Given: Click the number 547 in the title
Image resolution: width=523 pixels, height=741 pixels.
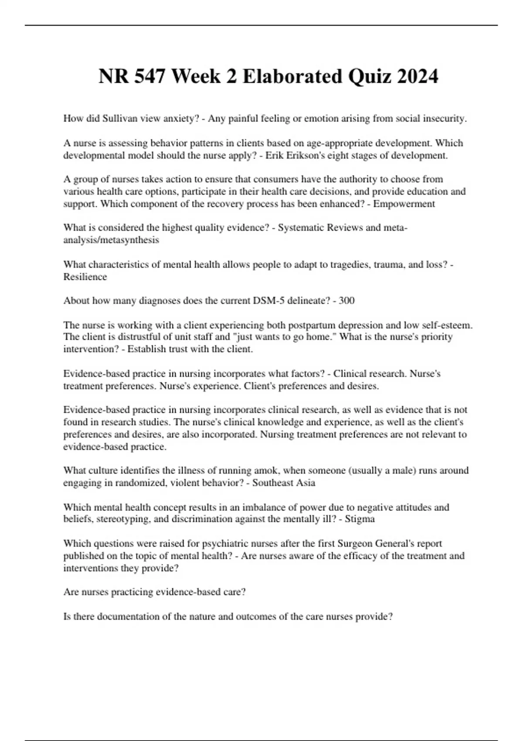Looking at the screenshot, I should [150, 76].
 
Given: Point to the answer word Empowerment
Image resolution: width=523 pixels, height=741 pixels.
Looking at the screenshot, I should [404, 204].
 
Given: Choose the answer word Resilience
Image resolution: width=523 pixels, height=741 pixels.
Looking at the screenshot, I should [85, 277].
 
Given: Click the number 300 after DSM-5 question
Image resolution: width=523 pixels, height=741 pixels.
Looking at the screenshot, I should [346, 301].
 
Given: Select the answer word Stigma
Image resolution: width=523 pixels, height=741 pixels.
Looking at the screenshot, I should [360, 519].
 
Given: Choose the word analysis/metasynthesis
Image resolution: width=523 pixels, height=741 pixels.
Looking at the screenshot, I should [111, 240].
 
